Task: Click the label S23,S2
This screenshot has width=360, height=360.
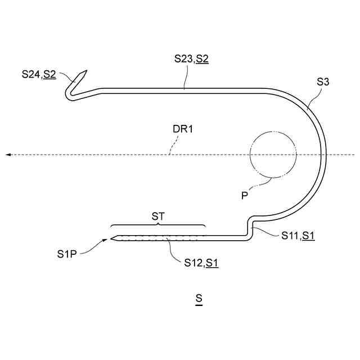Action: coord(191,58)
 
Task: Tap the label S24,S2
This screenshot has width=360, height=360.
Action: coord(39,74)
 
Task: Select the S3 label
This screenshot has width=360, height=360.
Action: coord(323,82)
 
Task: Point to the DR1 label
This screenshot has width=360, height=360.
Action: coord(182,129)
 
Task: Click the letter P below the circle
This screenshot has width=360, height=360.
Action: coord(245,196)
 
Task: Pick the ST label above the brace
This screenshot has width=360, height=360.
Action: coord(158,216)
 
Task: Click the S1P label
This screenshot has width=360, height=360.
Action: coord(67,254)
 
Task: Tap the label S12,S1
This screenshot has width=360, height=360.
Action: coord(201,263)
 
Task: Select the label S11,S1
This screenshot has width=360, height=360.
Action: coord(298,236)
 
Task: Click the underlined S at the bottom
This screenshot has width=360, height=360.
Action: coord(199,299)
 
